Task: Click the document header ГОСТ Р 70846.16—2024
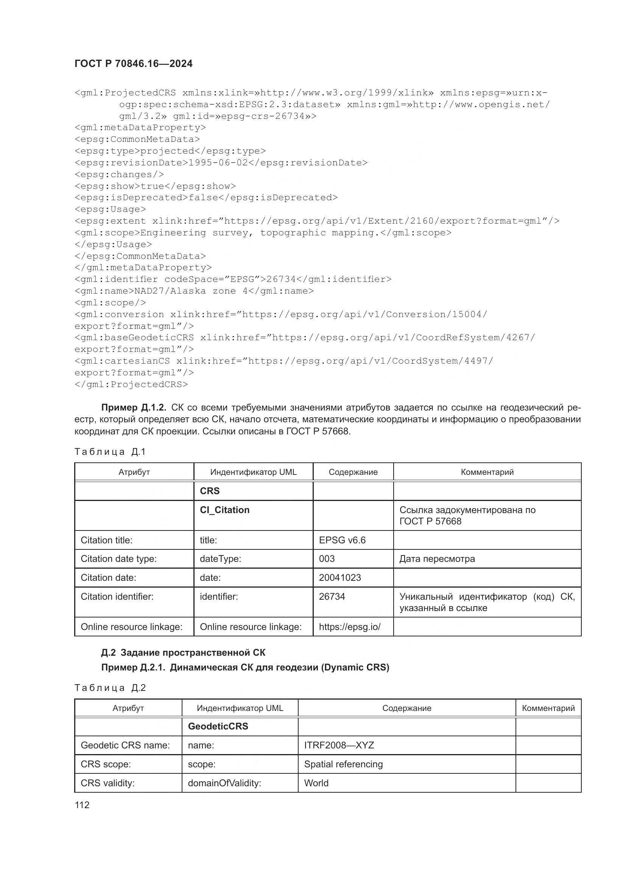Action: pos(133,64)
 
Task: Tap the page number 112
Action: pos(82,805)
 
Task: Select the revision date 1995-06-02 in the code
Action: pos(218,163)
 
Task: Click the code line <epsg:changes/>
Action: pos(119,174)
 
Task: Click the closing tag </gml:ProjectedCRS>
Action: pos(131,384)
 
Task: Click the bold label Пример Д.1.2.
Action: pos(133,408)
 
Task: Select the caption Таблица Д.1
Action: pos(110,452)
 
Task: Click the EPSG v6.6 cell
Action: pos(342,540)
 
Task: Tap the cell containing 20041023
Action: pos(340,577)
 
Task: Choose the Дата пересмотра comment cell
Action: pos(437,559)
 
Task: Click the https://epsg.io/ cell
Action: pos(350,627)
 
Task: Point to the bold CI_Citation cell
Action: pos(224,510)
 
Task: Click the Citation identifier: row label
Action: pos(117,597)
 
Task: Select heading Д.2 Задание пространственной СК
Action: pos(183,653)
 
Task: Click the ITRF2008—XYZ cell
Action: pos(339,745)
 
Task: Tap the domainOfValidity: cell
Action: pos(224,783)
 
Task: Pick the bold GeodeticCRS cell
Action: pos(218,726)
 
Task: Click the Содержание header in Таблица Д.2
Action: pos(406,708)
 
